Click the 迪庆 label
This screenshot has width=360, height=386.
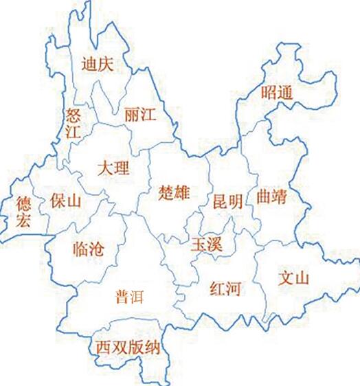[x=97, y=65]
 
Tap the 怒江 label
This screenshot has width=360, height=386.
[x=73, y=122]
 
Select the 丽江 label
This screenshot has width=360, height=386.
[x=140, y=114]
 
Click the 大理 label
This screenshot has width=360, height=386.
[x=113, y=167]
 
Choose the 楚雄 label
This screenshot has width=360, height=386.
[x=173, y=192]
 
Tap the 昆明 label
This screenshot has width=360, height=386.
[x=227, y=202]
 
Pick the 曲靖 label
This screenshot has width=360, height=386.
[x=271, y=196]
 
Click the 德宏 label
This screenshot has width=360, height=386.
[x=24, y=212]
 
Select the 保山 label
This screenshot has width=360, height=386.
[x=66, y=202]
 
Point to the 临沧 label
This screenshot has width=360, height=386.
[x=88, y=249]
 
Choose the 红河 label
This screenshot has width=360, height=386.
[x=225, y=288]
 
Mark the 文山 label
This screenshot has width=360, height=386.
[x=295, y=279]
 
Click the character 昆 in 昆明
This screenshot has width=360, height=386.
[x=219, y=202]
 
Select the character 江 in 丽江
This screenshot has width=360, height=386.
[x=148, y=114]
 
